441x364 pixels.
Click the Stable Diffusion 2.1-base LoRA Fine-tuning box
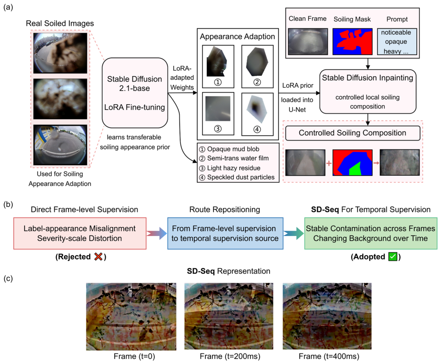[135, 93]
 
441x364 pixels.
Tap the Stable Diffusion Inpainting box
[368, 91]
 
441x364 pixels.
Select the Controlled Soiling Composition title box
[353, 133]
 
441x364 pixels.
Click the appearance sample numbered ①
[218, 66]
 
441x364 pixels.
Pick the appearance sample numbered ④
[258, 114]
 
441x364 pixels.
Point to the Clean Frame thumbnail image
[308, 42]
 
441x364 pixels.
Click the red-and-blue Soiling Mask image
[353, 42]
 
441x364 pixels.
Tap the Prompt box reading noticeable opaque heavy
[397, 42]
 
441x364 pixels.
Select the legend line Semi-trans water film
[234, 158]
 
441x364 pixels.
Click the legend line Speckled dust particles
[236, 177]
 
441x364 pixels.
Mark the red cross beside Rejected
[99, 257]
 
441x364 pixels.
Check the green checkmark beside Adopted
[393, 257]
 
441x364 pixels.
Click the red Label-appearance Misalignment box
[80, 233]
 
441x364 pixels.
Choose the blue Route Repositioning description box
[225, 233]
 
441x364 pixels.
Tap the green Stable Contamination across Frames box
[371, 233]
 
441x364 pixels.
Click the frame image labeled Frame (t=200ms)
[229, 316]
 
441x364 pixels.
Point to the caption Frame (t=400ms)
[329, 357]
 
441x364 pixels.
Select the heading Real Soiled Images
[60, 23]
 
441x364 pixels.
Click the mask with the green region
[353, 163]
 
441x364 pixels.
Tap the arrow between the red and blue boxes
[157, 233]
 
